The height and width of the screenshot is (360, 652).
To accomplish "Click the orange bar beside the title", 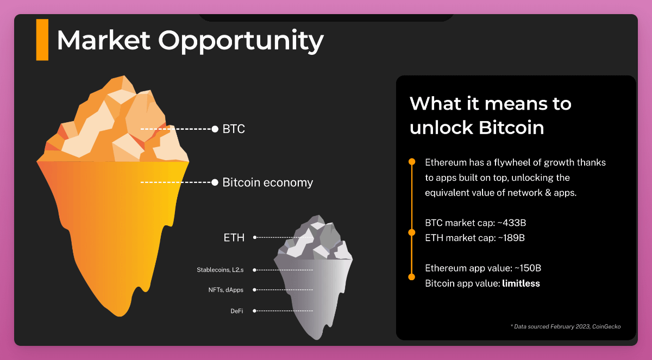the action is coord(42,40).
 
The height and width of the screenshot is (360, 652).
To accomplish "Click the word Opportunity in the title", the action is coord(241,41).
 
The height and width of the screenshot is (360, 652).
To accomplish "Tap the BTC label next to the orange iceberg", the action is coord(234,129).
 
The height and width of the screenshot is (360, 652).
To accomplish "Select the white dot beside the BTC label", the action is coord(215,129).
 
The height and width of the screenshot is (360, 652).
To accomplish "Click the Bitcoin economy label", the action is coord(268,182).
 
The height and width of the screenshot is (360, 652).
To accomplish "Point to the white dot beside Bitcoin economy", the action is coord(215,182).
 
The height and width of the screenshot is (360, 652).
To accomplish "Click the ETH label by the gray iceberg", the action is coord(234,238).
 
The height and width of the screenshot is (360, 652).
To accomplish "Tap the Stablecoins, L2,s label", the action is coord(220,270).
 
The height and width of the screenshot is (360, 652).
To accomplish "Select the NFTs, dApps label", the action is coord(226,290).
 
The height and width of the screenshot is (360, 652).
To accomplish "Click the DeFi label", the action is coord(237,311).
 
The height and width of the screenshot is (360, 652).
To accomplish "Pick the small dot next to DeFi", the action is coord(254,311).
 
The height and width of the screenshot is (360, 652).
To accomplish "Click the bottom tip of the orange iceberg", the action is coord(120,316).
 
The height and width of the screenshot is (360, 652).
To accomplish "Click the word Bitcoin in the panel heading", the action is coord(511,128).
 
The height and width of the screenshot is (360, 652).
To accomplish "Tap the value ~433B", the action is coord(512,223).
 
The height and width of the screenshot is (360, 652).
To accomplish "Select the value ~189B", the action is coord(511,238).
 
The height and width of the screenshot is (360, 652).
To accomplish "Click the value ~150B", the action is coord(528,268).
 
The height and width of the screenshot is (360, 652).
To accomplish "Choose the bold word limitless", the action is coord(521,283).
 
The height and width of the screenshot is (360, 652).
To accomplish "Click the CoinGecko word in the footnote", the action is coord(606,326).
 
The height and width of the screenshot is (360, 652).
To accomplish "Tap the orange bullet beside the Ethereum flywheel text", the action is coord(412,162).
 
